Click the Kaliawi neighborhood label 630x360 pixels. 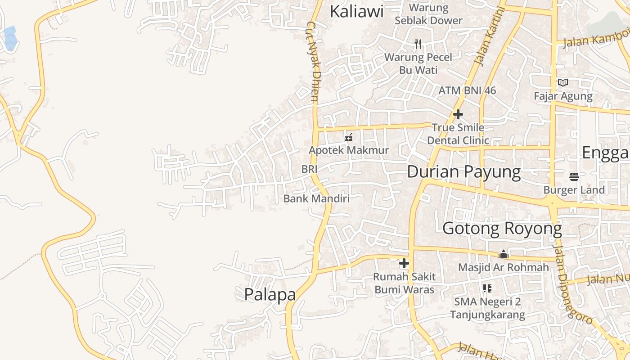(x=356, y=11)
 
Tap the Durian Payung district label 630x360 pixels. (x=463, y=172)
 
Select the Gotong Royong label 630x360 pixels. (x=502, y=229)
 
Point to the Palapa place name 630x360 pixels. (x=270, y=294)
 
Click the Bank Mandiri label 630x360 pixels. (x=316, y=198)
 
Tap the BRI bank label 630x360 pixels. (x=310, y=169)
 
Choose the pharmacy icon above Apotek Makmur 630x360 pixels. (x=348, y=137)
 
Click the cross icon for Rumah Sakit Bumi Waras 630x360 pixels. (x=404, y=263)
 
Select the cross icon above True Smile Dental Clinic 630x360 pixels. (x=458, y=114)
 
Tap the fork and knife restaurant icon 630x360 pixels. (x=418, y=44)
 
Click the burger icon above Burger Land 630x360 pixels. (x=574, y=177)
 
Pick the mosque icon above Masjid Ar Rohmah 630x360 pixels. (x=504, y=255)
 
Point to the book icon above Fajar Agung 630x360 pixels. (x=562, y=82)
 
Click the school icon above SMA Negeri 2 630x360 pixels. (x=487, y=288)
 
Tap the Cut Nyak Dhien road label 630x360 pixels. (x=314, y=61)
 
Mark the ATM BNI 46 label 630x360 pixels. (x=467, y=90)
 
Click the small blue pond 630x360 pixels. (x=10, y=38)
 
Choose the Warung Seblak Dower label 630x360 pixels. (x=428, y=14)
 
